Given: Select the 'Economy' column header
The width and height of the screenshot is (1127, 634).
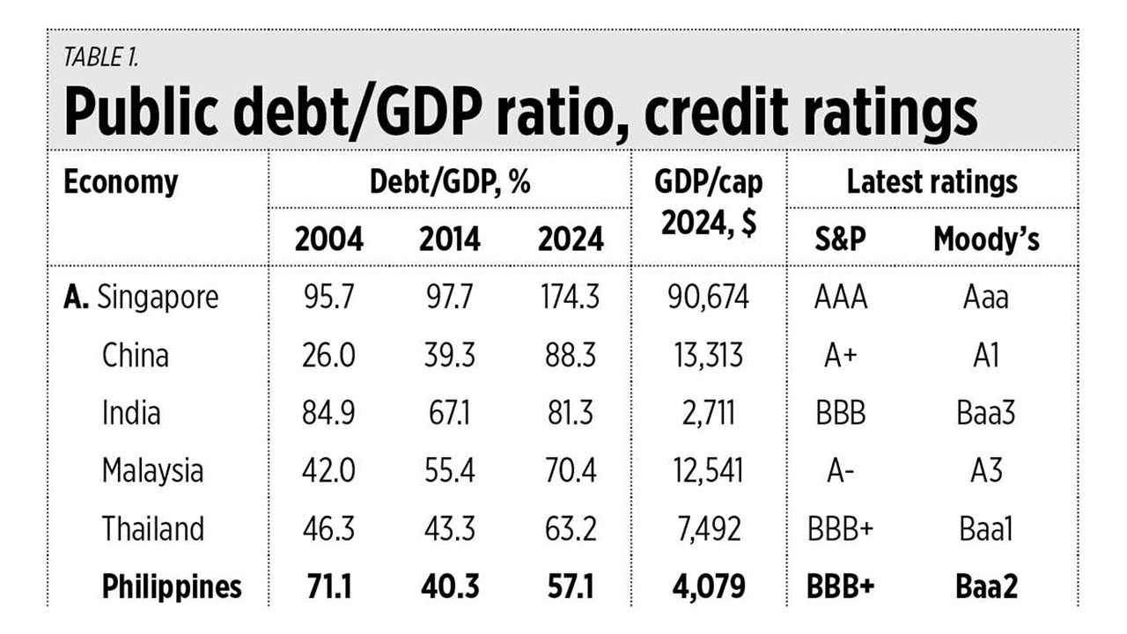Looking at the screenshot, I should pyautogui.click(x=121, y=182).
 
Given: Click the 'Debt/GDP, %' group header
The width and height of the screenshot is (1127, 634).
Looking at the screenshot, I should pyautogui.click(x=450, y=182).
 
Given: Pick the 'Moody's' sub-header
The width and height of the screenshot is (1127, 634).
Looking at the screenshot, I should pyautogui.click(x=986, y=239).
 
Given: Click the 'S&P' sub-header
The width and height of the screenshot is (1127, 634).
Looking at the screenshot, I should pyautogui.click(x=841, y=239).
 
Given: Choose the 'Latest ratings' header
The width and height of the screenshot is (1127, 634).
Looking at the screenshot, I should pyautogui.click(x=932, y=182).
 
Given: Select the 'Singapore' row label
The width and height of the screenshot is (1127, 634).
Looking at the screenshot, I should pyautogui.click(x=158, y=298).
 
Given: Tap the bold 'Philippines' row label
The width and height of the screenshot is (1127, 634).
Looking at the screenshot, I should pyautogui.click(x=172, y=586).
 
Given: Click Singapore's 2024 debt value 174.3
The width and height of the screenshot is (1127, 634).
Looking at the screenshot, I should pyautogui.click(x=570, y=298).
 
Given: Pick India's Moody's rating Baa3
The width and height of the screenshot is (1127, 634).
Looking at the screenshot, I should pyautogui.click(x=986, y=413).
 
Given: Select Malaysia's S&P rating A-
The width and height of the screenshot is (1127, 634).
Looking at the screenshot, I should pyautogui.click(x=841, y=471).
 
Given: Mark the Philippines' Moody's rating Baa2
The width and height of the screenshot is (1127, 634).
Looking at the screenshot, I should pyautogui.click(x=986, y=586).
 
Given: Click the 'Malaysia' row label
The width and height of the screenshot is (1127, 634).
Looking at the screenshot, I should pyautogui.click(x=152, y=471).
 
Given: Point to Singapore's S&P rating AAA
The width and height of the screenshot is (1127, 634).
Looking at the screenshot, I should pyautogui.click(x=841, y=298).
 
